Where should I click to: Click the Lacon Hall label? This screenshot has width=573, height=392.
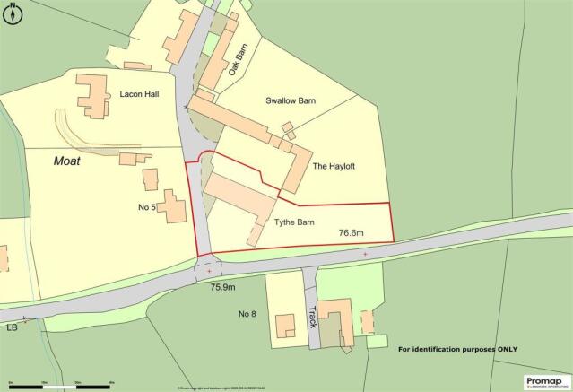(x=138, y=92)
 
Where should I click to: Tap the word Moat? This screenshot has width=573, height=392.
(x=66, y=161)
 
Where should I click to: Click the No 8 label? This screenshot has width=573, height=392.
(x=247, y=314)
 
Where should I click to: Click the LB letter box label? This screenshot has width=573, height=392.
(x=12, y=328)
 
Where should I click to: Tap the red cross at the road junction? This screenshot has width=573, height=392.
(x=209, y=270)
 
